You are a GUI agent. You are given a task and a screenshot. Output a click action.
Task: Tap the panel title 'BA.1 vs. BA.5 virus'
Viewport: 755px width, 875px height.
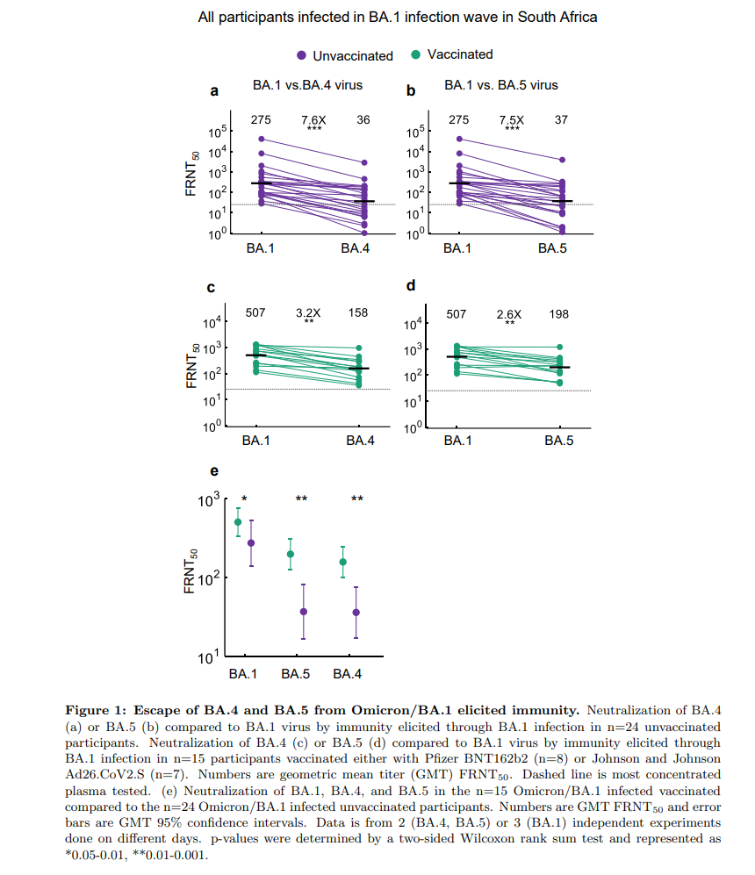click(501, 85)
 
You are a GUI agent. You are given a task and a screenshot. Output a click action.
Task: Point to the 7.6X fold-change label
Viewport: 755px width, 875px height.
click(313, 119)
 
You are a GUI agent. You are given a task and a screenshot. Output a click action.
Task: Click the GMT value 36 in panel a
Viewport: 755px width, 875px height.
click(363, 119)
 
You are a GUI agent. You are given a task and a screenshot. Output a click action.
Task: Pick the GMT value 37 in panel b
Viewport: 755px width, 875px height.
click(562, 119)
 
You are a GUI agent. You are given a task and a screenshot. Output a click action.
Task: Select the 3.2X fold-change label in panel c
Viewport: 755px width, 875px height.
click(308, 312)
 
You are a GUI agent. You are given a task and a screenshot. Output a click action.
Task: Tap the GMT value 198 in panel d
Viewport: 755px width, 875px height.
click(559, 313)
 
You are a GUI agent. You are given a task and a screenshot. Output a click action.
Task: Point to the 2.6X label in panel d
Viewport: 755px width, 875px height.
click(508, 313)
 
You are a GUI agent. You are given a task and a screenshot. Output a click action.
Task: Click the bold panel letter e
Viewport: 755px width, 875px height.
click(213, 477)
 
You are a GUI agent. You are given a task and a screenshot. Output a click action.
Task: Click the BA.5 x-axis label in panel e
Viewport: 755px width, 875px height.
click(296, 674)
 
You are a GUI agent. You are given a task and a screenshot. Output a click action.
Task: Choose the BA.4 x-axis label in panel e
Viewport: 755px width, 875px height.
click(349, 674)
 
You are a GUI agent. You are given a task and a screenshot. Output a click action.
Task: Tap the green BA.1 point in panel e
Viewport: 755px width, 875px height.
click(238, 522)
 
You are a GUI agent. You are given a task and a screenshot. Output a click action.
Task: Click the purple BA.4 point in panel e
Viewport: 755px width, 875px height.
click(356, 612)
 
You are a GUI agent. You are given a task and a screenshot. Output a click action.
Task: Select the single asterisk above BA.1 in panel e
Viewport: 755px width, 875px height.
click(244, 499)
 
